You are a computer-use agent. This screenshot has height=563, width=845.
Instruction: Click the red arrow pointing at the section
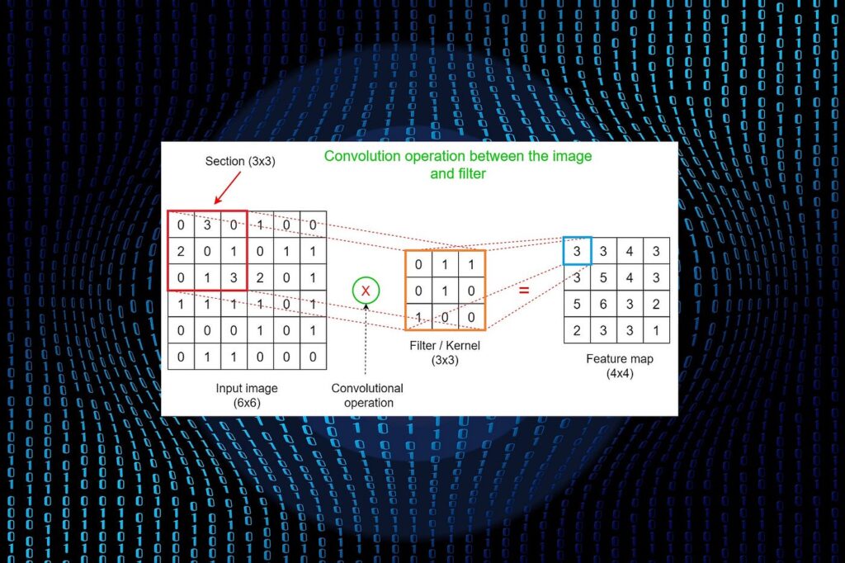(x=227, y=188)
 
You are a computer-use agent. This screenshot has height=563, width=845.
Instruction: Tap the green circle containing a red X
(x=366, y=290)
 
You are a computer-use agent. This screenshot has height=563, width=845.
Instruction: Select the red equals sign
(x=524, y=290)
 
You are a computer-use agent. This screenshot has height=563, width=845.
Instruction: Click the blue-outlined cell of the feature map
(x=577, y=251)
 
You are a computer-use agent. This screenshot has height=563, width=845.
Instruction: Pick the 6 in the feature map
(x=603, y=304)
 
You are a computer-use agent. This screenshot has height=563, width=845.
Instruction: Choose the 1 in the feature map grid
(x=656, y=330)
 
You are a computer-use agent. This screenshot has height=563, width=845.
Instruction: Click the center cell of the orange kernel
(x=445, y=291)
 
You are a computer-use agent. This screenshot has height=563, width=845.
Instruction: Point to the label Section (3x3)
(x=240, y=161)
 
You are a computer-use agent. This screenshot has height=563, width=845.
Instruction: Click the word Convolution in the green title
(x=362, y=156)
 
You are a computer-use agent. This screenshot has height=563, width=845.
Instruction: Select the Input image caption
(x=247, y=388)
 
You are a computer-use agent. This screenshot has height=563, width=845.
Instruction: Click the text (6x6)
(x=247, y=403)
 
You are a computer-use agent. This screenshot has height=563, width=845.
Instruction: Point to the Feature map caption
(x=620, y=358)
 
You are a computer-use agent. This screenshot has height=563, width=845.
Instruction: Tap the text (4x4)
(x=620, y=373)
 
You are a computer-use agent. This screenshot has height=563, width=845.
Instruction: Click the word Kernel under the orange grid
(x=463, y=346)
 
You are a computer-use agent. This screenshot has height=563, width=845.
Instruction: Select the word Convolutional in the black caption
(x=367, y=388)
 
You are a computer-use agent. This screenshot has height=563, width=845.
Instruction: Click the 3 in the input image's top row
(x=207, y=225)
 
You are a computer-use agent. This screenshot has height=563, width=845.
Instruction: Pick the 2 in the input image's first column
(x=181, y=251)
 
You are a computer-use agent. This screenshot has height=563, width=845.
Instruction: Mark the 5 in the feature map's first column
(x=577, y=304)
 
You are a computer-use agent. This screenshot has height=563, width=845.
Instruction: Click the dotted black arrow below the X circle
(x=366, y=338)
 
